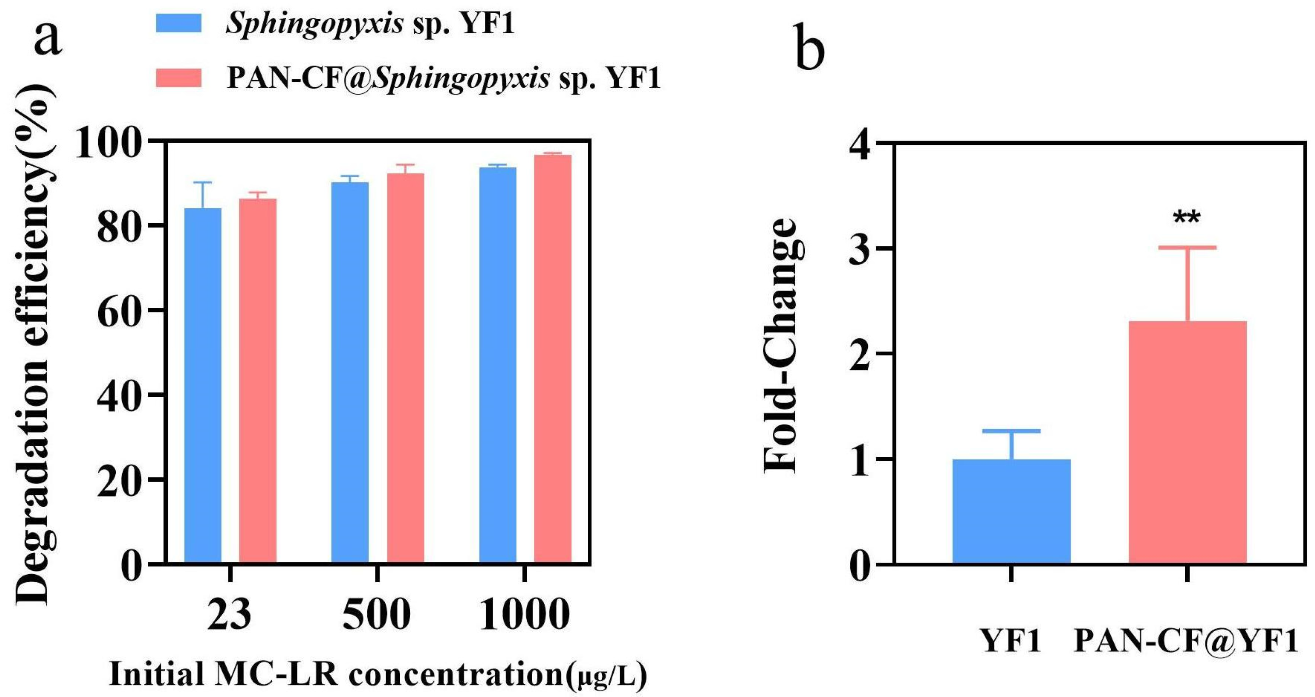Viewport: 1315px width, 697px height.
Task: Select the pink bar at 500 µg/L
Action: click(x=405, y=368)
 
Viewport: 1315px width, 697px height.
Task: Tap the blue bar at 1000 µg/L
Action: click(x=498, y=365)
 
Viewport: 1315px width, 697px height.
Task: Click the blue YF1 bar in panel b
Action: click(x=1011, y=511)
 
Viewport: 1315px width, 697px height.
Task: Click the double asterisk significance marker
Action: click(x=1187, y=219)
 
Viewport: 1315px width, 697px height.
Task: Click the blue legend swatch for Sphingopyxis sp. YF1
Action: click(x=179, y=23)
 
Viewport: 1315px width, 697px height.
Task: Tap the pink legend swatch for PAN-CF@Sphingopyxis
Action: click(x=179, y=78)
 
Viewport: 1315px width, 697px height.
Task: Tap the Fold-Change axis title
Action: click(x=779, y=347)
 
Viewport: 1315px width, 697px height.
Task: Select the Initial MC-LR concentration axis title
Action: click(x=378, y=675)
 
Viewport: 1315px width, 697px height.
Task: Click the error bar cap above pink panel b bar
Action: click(x=1188, y=247)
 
